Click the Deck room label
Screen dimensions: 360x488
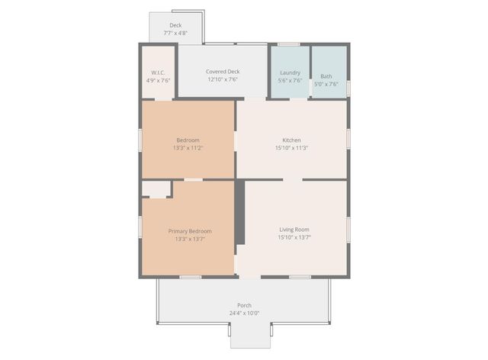[x=175, y=25]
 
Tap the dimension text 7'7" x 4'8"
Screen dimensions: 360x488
[x=175, y=33]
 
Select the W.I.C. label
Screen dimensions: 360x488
[x=159, y=72]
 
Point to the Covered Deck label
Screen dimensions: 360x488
[x=223, y=72]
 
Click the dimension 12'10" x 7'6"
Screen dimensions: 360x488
[x=223, y=79]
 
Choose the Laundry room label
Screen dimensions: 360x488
[x=291, y=72]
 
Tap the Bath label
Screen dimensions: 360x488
[x=326, y=76]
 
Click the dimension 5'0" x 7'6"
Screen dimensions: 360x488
[x=326, y=84]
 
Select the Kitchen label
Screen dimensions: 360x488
[x=291, y=140]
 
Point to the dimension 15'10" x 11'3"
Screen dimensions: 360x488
[x=291, y=148]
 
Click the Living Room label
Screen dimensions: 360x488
[x=294, y=230]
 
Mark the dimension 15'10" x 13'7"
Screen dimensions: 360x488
[x=294, y=238]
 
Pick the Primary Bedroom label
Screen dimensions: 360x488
[x=190, y=231]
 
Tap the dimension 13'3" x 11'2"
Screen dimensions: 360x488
[x=188, y=148]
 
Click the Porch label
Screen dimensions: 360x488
[x=244, y=305]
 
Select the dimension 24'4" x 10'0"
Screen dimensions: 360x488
[x=244, y=313]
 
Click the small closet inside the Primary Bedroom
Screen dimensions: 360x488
[x=156, y=189]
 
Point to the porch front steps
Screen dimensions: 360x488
[x=250, y=336]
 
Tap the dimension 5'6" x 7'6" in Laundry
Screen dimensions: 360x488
[x=291, y=80]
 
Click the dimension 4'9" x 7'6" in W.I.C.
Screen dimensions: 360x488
[x=159, y=80]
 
